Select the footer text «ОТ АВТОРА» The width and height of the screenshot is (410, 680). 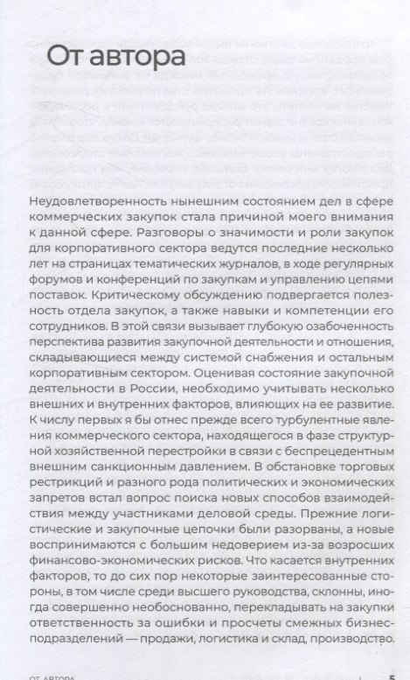[52, 676]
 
